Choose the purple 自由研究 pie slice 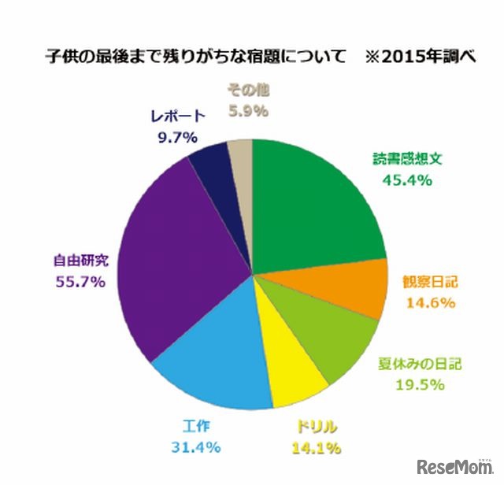click(177, 260)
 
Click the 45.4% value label click(407, 180)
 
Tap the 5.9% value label click(248, 111)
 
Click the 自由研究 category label click(80, 260)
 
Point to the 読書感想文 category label click(408, 159)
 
